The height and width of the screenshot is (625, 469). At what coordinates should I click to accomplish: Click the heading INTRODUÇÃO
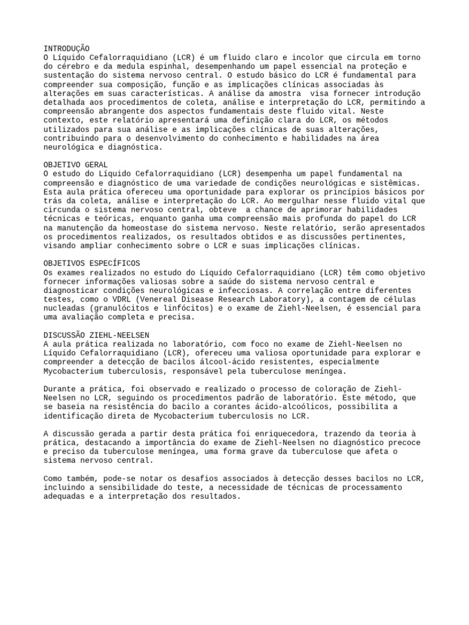pyautogui.click(x=67, y=48)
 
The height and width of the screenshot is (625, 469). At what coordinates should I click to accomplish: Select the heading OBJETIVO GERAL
pyautogui.click(x=76, y=165)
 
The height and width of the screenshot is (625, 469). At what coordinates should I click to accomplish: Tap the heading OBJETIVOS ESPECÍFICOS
pyautogui.click(x=92, y=263)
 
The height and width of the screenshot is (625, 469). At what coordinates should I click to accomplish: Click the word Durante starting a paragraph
pyautogui.click(x=62, y=389)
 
